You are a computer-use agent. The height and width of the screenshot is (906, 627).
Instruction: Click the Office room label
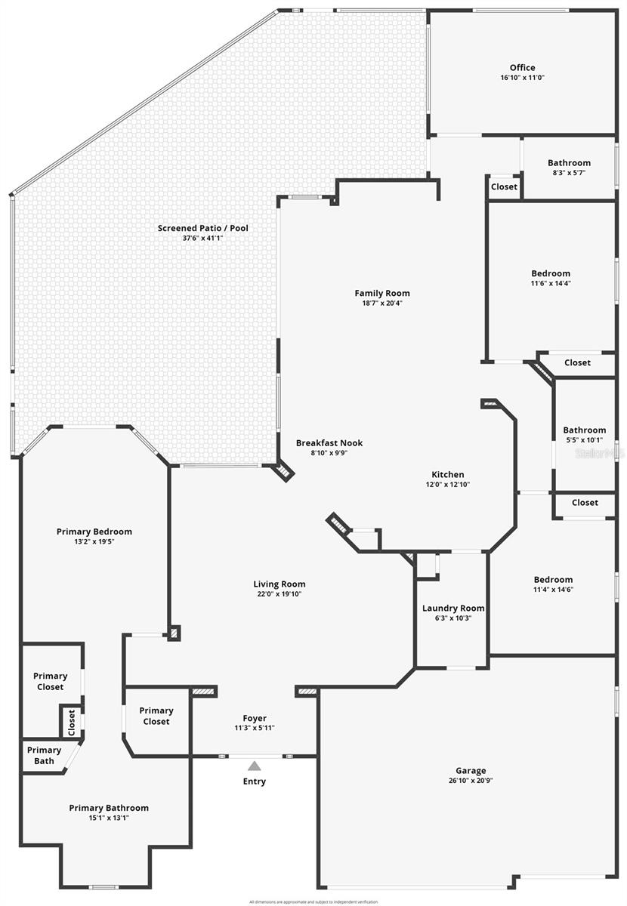tap(522, 68)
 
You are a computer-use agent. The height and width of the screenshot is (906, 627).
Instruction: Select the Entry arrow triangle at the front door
tap(255, 765)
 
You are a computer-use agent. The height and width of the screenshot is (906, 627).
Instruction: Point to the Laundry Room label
tap(453, 608)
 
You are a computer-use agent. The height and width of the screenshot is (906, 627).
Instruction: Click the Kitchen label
tap(448, 475)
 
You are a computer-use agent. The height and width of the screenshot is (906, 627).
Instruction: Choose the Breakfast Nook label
tap(329, 443)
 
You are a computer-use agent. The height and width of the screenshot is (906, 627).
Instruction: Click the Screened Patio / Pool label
tap(202, 228)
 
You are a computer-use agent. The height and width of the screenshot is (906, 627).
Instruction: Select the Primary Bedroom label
tap(94, 532)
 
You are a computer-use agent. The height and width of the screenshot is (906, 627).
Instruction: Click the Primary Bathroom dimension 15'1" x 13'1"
tap(109, 818)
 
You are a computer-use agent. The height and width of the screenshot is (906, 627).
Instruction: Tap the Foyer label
tap(255, 718)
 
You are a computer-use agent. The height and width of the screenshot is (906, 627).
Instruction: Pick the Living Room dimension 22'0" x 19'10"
tap(279, 594)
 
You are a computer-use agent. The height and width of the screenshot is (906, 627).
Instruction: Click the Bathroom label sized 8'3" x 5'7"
tap(569, 162)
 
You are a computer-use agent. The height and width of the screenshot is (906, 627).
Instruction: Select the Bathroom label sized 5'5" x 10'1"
tap(584, 430)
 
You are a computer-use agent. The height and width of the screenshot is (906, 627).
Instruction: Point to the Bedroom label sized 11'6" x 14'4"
tap(551, 273)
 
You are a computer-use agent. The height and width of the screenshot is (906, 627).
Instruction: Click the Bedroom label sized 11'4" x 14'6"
tap(553, 580)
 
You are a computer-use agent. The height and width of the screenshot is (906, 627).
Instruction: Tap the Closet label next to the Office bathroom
tap(504, 186)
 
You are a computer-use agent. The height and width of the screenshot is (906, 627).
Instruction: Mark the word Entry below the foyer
tap(255, 781)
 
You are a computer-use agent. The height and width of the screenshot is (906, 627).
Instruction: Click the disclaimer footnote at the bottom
tap(313, 901)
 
